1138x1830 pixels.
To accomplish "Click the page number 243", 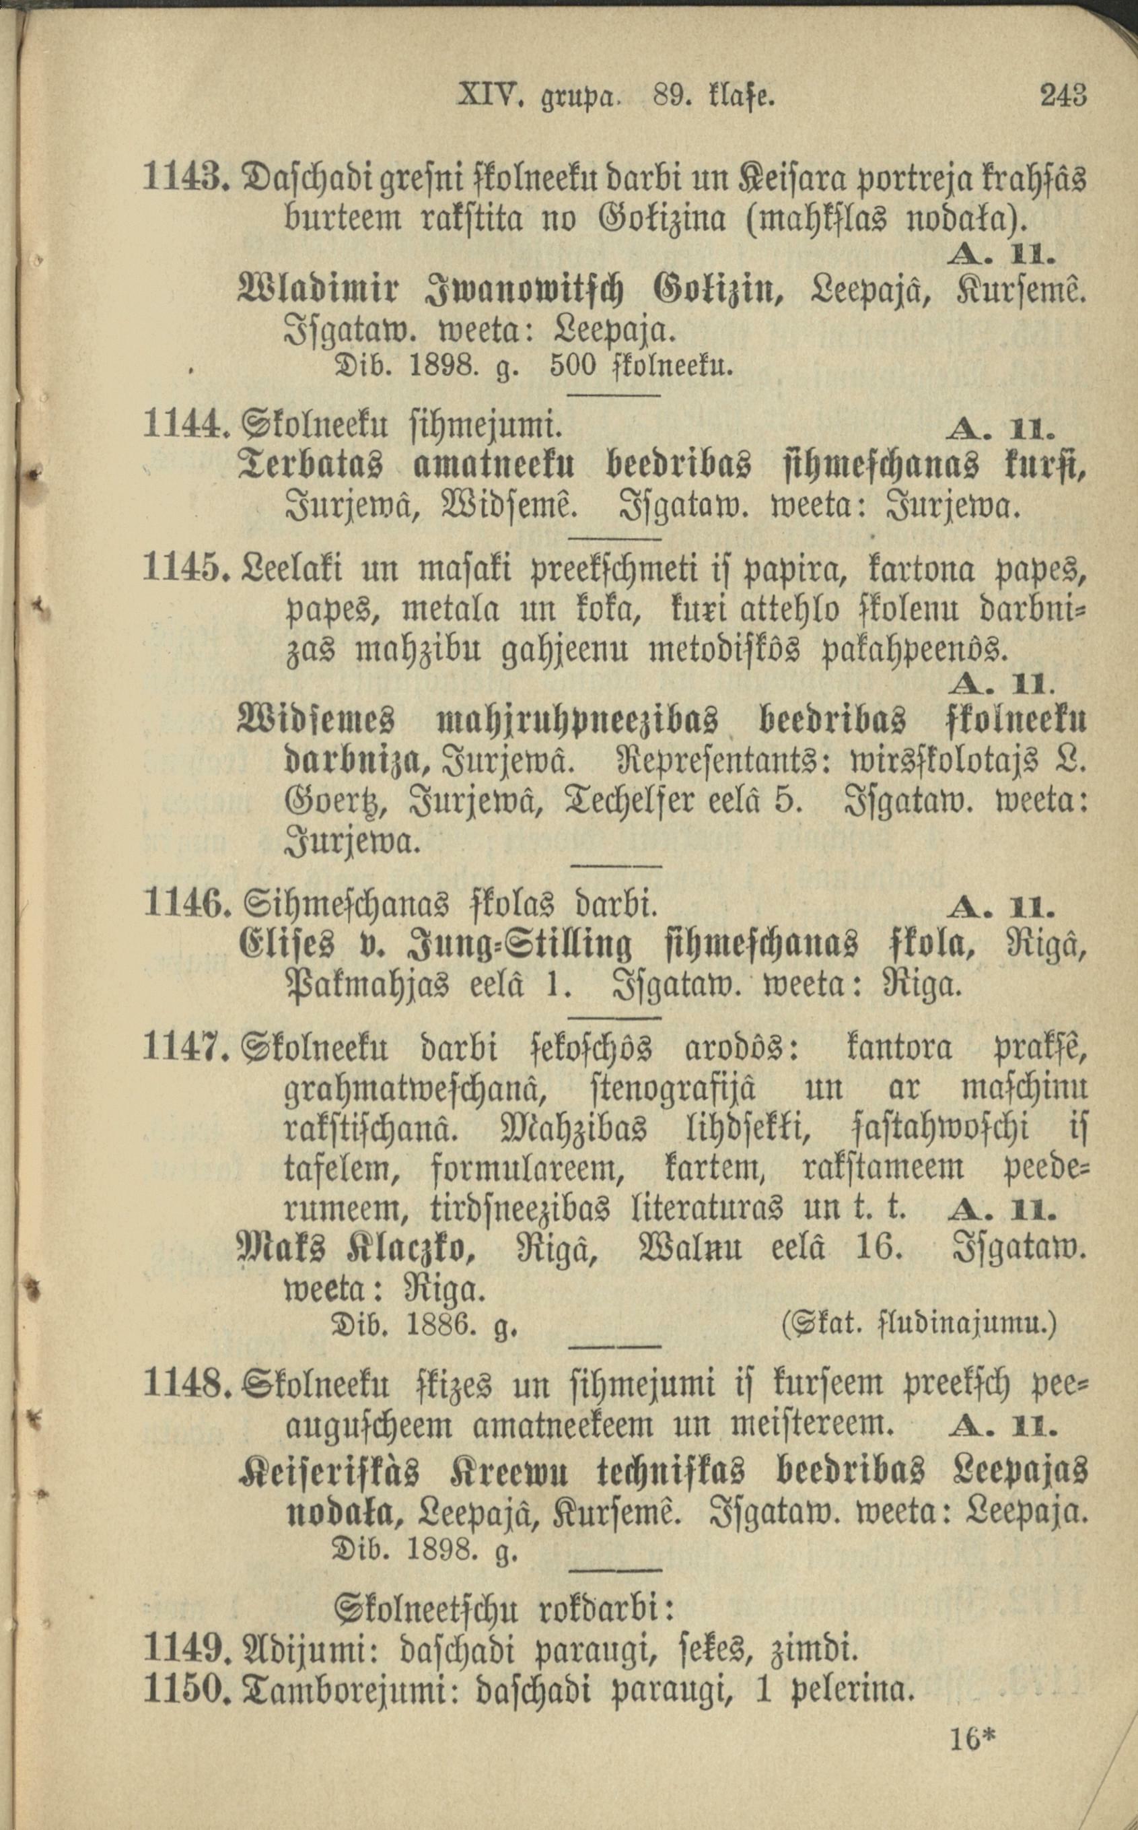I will pos(1063,96).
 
